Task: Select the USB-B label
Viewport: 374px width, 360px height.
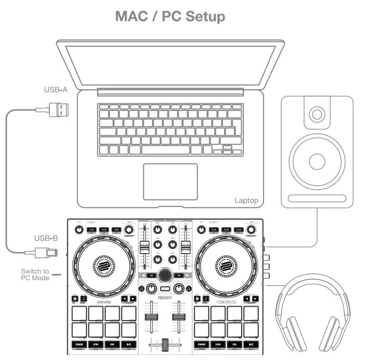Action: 47,239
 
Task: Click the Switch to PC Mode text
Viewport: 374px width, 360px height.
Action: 35,274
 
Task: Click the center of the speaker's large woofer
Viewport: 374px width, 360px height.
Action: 316,161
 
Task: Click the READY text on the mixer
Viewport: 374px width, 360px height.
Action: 165,298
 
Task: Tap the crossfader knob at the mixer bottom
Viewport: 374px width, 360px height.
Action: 165,344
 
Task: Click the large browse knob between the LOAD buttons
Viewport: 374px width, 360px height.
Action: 165,274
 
